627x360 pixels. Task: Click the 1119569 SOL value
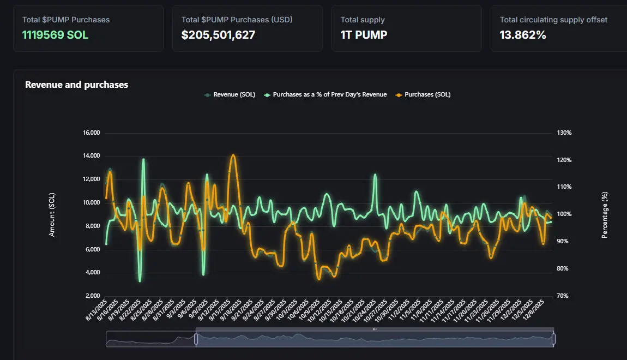pyautogui.click(x=55, y=35)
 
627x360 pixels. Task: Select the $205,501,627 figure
pyautogui.click(x=218, y=35)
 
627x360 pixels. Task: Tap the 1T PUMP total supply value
pyautogui.click(x=364, y=35)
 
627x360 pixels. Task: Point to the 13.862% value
pyautogui.click(x=523, y=35)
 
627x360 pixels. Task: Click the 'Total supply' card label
pyautogui.click(x=363, y=20)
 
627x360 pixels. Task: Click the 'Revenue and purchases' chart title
pyautogui.click(x=76, y=85)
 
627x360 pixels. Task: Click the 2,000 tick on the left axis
pyautogui.click(x=92, y=296)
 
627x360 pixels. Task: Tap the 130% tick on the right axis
pyautogui.click(x=564, y=133)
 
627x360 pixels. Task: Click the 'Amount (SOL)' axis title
pyautogui.click(x=52, y=214)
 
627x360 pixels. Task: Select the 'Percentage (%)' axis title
pyautogui.click(x=604, y=214)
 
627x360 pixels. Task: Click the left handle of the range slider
pyautogui.click(x=196, y=339)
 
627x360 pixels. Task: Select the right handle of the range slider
pyautogui.click(x=553, y=339)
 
